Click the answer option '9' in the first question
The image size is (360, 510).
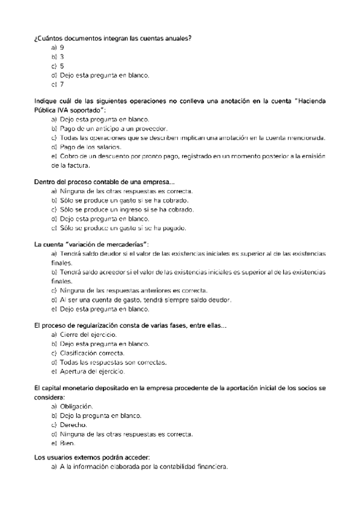[62, 47]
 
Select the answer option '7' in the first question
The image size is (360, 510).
[62, 84]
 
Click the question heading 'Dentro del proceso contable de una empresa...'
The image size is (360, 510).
[105, 182]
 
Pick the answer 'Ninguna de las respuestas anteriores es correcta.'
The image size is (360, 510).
[134, 290]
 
